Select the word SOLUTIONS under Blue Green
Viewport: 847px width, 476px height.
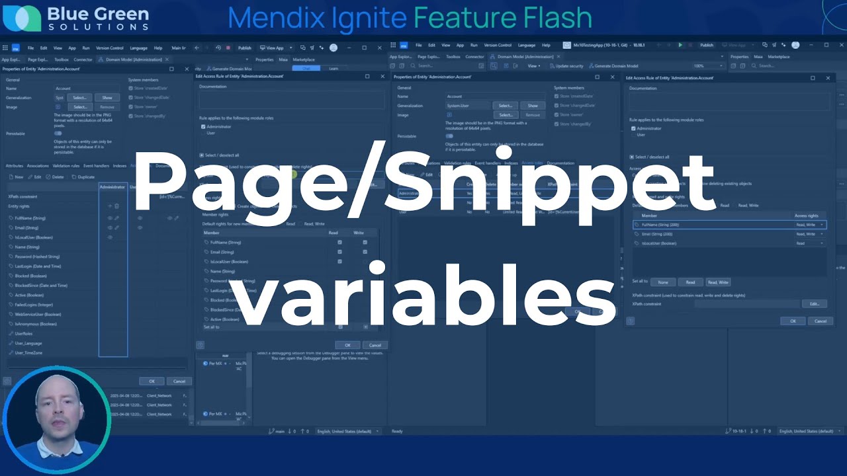99,27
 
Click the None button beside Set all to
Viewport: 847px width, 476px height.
662,282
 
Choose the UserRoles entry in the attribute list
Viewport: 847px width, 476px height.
24,334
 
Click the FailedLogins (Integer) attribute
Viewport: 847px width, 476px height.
34,305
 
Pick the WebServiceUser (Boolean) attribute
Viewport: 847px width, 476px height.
38,315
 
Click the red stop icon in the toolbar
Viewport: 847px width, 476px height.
228,48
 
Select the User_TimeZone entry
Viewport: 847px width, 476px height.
28,353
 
